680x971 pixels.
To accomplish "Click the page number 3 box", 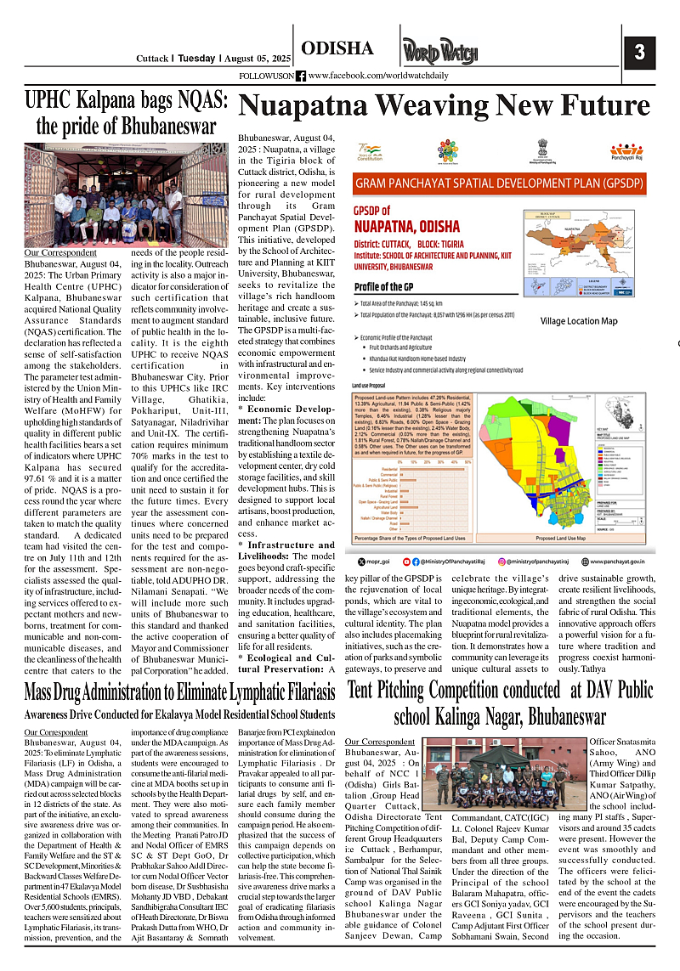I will point(639,52).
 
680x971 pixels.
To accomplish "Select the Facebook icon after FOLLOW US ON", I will point(301,76).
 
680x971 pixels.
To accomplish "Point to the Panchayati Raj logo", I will point(626,150).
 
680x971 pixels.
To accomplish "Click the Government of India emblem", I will point(543,150).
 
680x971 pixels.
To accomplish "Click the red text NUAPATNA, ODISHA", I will point(406,227).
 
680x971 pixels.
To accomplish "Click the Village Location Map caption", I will point(579,321).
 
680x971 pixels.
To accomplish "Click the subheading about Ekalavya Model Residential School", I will point(179,714).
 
